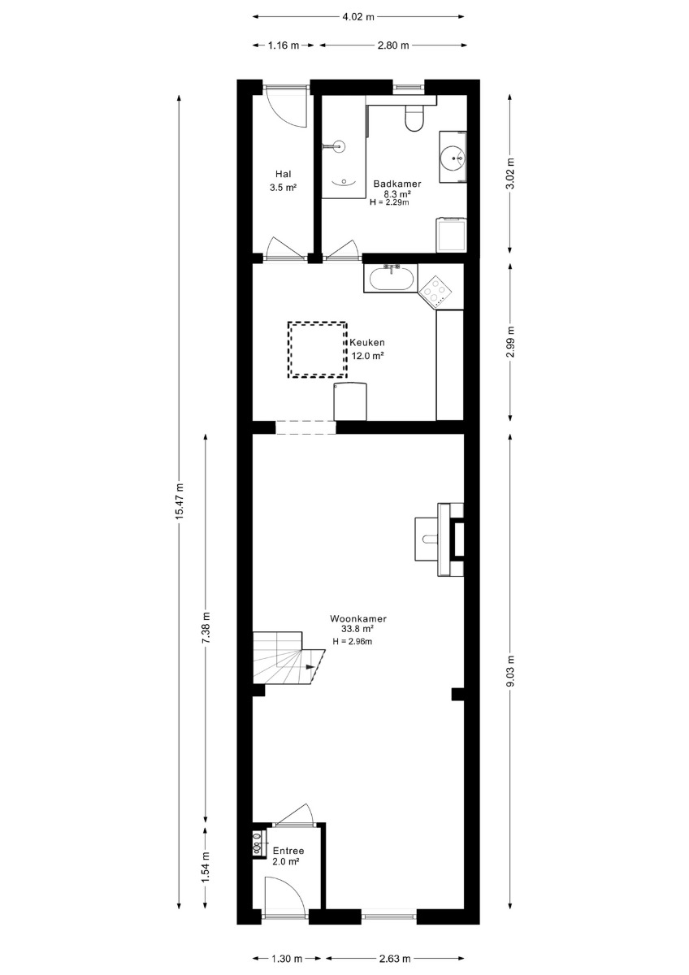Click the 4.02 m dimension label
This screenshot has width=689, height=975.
[x=358, y=17]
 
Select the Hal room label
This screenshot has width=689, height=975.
[x=284, y=174]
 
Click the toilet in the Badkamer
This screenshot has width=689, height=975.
[x=414, y=118]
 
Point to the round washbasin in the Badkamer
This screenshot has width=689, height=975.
[x=453, y=158]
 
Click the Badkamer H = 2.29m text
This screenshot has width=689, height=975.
[x=389, y=202]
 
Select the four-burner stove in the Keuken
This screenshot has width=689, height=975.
[x=436, y=291]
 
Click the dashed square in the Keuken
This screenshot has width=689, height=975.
[x=317, y=349]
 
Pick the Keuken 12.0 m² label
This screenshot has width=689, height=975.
[x=367, y=349]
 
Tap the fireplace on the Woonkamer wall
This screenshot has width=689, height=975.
[x=451, y=539]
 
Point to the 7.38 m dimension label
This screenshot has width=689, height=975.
[x=206, y=627]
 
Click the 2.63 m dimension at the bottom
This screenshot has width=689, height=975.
[x=395, y=959]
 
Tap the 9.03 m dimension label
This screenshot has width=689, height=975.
[x=511, y=671]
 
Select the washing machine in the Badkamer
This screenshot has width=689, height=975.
[x=451, y=235]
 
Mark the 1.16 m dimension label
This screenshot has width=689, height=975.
[x=284, y=45]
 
